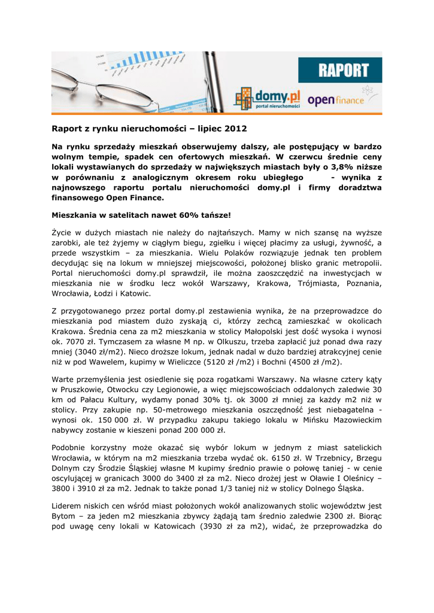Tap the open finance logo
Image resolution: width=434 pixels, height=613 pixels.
pyautogui.click(x=335, y=100)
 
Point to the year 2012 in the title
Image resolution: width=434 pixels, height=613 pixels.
pyautogui.click(x=235, y=128)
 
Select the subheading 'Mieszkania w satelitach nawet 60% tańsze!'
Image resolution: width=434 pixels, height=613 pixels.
pyautogui.click(x=141, y=214)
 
